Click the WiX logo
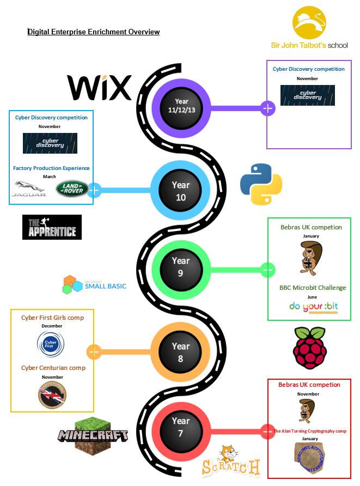99,88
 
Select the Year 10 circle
180,191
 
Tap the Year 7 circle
180,427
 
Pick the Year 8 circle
180,352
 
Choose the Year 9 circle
180,267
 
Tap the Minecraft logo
94,435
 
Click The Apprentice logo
52,227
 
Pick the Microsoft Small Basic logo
94,285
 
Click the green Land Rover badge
70,189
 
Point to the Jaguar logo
29,189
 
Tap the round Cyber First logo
51,344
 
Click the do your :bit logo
313,307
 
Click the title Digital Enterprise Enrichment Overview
94,32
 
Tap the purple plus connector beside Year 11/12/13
267,108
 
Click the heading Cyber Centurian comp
53,368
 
